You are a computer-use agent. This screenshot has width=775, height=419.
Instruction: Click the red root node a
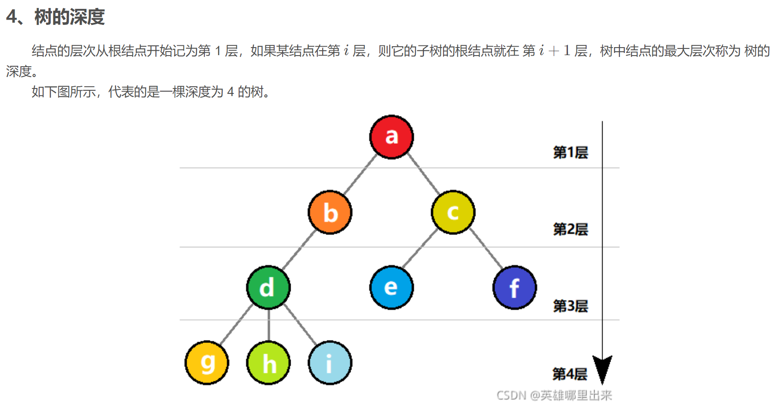tap(391, 137)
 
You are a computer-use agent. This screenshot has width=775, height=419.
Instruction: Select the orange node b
tap(330, 212)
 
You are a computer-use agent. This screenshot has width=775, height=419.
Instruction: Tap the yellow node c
tap(453, 212)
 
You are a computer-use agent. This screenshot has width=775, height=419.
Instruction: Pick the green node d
tap(268, 287)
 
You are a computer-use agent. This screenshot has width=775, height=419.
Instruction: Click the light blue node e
tap(391, 287)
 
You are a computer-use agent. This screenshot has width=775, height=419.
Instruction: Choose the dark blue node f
tap(515, 287)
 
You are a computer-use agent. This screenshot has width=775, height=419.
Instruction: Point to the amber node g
tap(207, 363)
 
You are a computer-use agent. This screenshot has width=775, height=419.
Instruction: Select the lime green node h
tap(268, 363)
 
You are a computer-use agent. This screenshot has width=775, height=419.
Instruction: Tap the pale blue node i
tap(330, 363)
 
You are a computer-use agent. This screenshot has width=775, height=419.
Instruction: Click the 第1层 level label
tap(570, 153)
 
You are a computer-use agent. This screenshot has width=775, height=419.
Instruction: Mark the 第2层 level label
tap(570, 230)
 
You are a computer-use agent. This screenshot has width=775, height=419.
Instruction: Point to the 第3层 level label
tap(570, 306)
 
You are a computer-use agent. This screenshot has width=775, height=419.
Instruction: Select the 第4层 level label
tap(570, 374)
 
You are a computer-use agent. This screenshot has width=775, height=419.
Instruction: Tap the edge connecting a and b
tap(360, 174)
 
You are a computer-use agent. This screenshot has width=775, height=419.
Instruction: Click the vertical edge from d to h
tap(268, 325)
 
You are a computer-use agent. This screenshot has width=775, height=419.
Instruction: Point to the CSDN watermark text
tap(554, 395)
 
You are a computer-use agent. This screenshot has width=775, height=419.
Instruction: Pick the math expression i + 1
tap(555, 51)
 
